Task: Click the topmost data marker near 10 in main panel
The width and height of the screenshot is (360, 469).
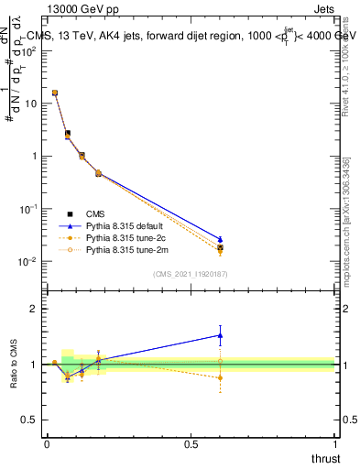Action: (x=55, y=93)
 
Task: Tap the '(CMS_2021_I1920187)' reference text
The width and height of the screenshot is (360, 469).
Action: (x=190, y=274)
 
